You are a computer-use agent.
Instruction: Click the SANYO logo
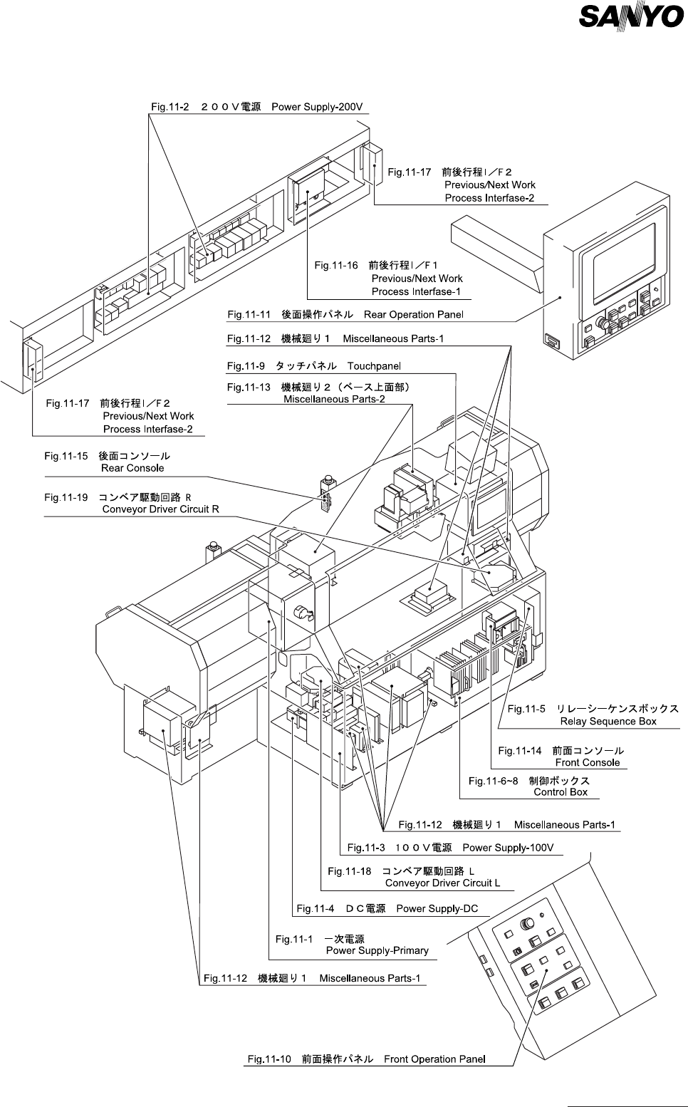[x=632, y=16]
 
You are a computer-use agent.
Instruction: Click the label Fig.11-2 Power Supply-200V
[x=257, y=107]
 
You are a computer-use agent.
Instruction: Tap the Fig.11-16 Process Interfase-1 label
[x=388, y=279]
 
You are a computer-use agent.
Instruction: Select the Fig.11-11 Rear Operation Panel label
[x=345, y=314]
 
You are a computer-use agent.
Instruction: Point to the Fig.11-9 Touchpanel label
[x=314, y=365]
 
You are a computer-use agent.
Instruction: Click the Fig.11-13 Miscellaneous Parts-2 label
[x=319, y=393]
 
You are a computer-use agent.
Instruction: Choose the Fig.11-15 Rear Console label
[x=108, y=462]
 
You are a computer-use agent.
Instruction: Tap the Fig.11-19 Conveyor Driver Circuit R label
[x=132, y=503]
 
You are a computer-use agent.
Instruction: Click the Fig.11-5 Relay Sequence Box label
[x=593, y=714]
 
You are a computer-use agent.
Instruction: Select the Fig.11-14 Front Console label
[x=561, y=756]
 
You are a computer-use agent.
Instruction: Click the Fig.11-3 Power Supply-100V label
[x=450, y=848]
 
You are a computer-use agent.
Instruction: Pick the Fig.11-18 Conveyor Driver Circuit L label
[x=414, y=877]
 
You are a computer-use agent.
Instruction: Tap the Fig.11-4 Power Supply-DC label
[x=387, y=908]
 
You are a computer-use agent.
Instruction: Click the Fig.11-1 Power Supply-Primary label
[x=352, y=945]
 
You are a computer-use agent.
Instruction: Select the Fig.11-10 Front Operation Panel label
[x=366, y=1059]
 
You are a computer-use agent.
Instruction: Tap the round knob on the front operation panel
[x=528, y=924]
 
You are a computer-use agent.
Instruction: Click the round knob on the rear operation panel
[x=603, y=323]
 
